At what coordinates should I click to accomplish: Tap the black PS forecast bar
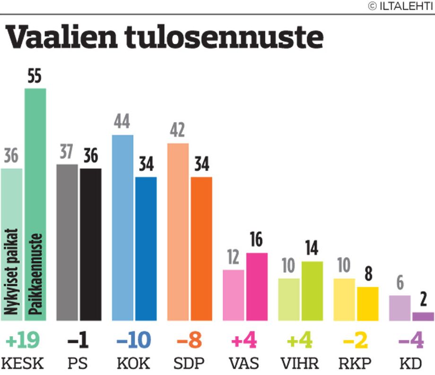click(90, 244)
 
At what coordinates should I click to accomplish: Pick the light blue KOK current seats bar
click(122, 227)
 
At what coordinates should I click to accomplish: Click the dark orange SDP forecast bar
click(201, 249)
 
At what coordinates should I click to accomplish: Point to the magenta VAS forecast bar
click(257, 286)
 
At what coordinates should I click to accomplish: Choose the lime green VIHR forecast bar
click(312, 291)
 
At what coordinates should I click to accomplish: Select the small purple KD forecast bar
click(423, 316)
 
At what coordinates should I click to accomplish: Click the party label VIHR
click(299, 364)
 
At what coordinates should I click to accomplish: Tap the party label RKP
click(356, 364)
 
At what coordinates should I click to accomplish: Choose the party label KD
click(411, 364)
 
